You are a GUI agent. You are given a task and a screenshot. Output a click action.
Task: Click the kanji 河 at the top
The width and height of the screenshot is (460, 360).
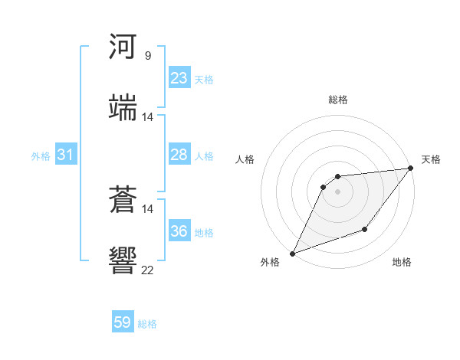point(123,47)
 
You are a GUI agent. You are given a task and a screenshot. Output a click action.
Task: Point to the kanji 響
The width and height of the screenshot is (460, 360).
point(123,260)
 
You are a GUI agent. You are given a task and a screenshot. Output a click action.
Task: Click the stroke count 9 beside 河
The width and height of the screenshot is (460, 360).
point(148,56)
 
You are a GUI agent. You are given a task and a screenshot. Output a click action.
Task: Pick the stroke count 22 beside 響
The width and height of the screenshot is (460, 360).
point(148,270)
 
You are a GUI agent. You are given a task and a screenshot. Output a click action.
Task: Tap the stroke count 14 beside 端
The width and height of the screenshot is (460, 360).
point(148,117)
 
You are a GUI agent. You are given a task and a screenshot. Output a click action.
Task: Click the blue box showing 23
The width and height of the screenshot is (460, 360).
point(179,78)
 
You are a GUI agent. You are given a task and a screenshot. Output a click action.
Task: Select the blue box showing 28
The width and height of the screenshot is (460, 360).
point(179,155)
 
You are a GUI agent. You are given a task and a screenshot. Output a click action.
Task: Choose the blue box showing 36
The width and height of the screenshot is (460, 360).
point(179,231)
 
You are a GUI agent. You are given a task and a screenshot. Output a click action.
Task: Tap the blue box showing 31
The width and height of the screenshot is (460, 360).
point(66,155)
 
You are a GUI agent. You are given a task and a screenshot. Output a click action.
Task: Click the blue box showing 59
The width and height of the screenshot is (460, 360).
point(123,322)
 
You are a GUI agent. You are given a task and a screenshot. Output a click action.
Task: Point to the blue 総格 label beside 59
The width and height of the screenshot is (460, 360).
point(147,324)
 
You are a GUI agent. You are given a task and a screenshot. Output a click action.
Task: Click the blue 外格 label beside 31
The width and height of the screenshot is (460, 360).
point(41,156)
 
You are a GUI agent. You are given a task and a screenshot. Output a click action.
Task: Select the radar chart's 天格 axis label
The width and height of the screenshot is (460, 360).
point(431,159)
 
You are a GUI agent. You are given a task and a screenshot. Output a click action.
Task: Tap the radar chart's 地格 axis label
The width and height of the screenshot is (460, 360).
point(402,262)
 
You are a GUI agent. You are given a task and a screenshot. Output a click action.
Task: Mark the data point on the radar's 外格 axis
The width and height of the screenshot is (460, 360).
point(292,254)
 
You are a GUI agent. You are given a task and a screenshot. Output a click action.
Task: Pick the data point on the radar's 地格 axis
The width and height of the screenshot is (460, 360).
point(365,230)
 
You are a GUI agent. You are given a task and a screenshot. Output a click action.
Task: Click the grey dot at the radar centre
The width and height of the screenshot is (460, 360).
point(337,191)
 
